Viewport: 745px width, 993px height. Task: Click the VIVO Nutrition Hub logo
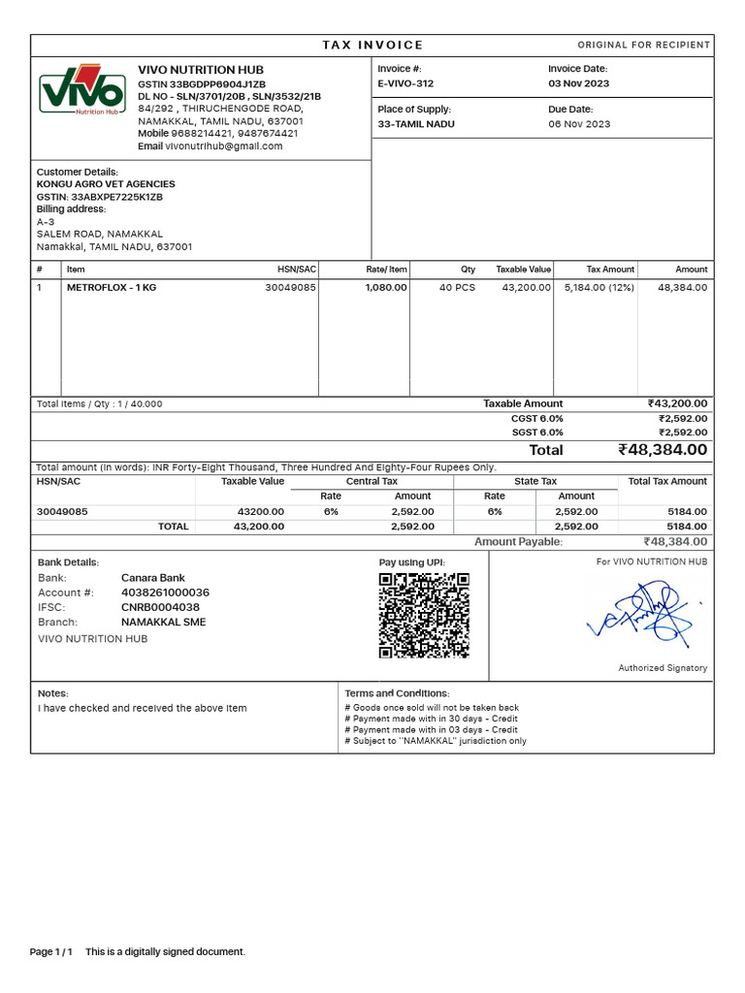(x=82, y=91)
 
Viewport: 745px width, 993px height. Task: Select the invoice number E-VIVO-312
(x=405, y=84)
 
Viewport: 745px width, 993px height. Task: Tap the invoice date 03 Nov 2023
(x=579, y=84)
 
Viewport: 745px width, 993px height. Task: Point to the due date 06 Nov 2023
(x=579, y=124)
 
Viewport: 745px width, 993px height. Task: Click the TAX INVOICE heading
(x=372, y=46)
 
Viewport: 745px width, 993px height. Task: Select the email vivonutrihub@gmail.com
(x=223, y=146)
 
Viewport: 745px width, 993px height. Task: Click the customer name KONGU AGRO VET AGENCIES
(x=106, y=184)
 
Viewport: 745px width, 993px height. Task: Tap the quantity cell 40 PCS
(x=457, y=288)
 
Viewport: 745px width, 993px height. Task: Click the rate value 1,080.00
(x=386, y=288)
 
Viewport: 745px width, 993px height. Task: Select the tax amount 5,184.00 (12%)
(x=599, y=288)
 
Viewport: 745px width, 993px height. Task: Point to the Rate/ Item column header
(x=386, y=270)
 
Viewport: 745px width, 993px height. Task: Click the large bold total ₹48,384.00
(x=663, y=450)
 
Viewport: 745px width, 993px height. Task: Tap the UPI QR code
(x=424, y=615)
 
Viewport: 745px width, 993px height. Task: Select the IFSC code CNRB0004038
(x=160, y=607)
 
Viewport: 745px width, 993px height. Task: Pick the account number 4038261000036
(x=165, y=593)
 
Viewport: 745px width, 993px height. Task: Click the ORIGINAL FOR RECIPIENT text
(x=643, y=46)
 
